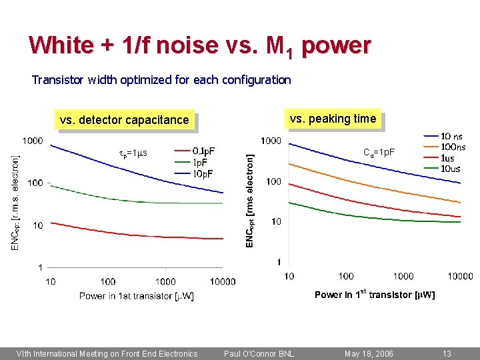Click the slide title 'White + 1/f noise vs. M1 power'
[200, 45]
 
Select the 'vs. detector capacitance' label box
[125, 120]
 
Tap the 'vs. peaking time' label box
[333, 119]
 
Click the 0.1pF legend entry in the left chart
[195, 151]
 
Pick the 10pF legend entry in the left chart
[195, 173]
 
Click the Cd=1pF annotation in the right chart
[379, 152]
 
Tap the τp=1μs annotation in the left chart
[133, 153]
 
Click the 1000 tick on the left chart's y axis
[32, 141]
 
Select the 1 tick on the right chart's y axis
[279, 262]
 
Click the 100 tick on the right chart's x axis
[346, 276]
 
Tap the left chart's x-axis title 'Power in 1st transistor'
[137, 295]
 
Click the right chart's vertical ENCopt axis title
[250, 201]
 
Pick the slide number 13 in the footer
[447, 354]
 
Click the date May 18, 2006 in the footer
[369, 354]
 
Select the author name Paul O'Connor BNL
[259, 354]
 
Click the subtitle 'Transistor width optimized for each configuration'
[161, 80]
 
